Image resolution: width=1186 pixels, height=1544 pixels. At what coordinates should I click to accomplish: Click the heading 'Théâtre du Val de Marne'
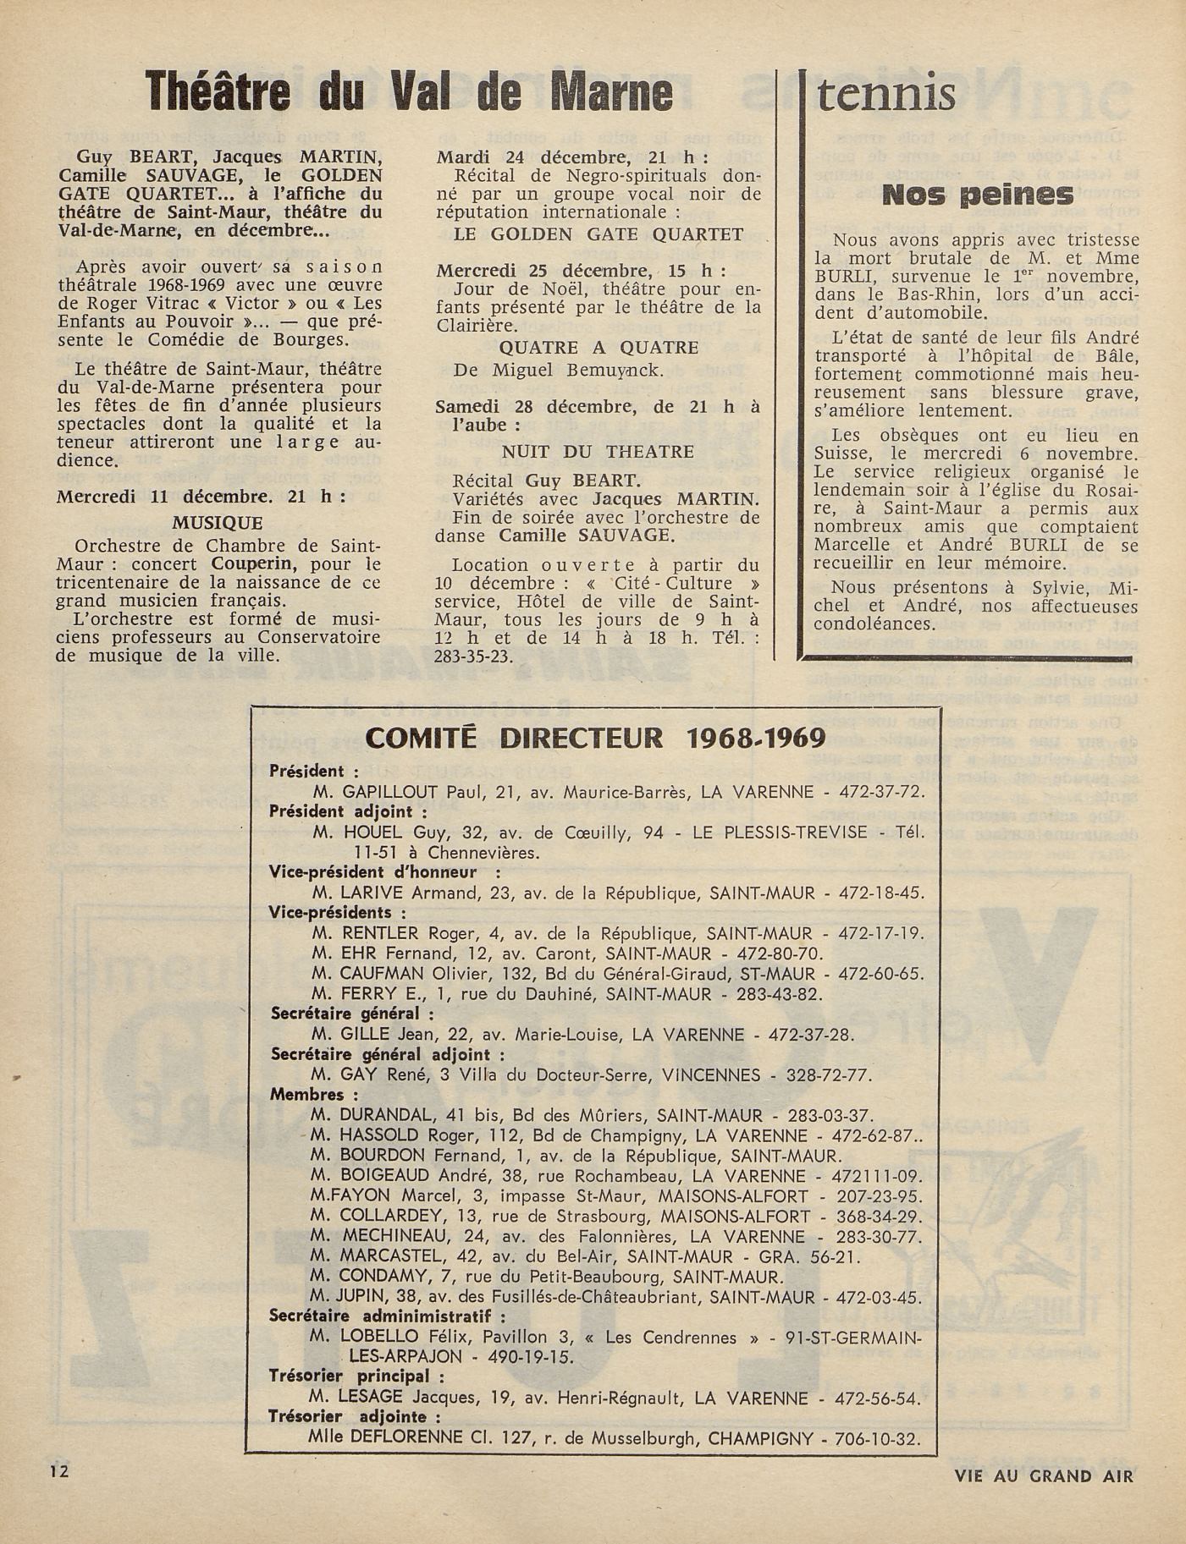pyautogui.click(x=409, y=91)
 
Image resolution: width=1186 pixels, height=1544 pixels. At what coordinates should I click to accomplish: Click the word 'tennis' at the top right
pyautogui.click(x=885, y=94)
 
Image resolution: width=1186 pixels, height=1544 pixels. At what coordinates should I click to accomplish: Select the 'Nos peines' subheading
pyautogui.click(x=977, y=195)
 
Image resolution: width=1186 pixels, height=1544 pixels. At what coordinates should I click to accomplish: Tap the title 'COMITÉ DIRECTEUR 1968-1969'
pyautogui.click(x=595, y=738)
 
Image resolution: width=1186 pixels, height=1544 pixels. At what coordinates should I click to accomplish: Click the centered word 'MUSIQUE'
pyautogui.click(x=218, y=523)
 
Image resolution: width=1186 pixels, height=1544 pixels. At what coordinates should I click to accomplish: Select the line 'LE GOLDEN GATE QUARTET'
pyautogui.click(x=599, y=234)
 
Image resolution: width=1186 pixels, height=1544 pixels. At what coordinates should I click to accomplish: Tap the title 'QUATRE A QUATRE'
pyautogui.click(x=599, y=348)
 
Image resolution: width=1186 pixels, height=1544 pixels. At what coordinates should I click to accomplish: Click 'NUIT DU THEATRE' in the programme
pyautogui.click(x=598, y=452)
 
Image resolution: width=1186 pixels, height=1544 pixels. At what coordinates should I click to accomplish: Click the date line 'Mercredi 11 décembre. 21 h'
pyautogui.click(x=201, y=497)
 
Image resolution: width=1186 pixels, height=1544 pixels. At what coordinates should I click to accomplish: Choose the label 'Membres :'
pyautogui.click(x=306, y=1095)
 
